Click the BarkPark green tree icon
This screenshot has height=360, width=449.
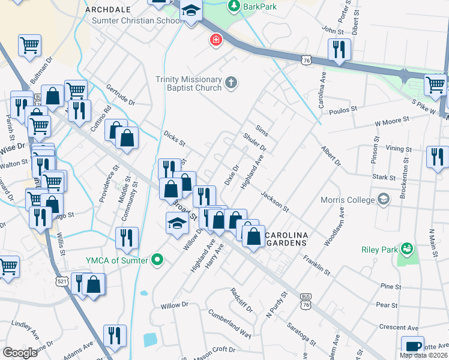[x=234, y=7]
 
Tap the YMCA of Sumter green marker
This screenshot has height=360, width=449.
[x=158, y=260]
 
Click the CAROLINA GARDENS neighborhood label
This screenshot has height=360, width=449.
[x=286, y=238]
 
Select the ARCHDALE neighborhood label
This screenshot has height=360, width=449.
[x=107, y=10]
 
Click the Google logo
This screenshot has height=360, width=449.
[x=20, y=352]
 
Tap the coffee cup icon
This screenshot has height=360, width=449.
[x=412, y=346]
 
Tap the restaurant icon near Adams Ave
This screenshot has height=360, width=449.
[x=113, y=337]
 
